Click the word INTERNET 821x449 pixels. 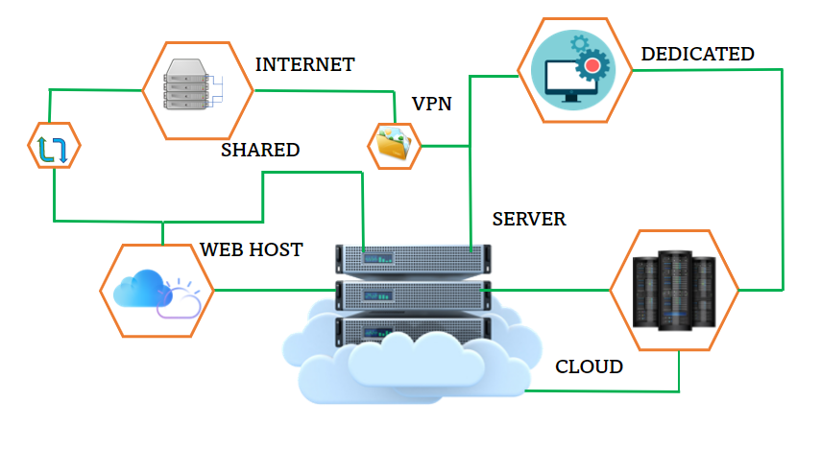pyautogui.click(x=304, y=65)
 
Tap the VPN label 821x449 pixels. pyautogui.click(x=431, y=104)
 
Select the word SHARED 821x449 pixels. pyautogui.click(x=260, y=150)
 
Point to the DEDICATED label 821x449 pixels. pyautogui.click(x=697, y=54)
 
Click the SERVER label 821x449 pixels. pyautogui.click(x=529, y=219)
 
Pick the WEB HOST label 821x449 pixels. pyautogui.click(x=252, y=249)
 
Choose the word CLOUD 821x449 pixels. pyautogui.click(x=590, y=366)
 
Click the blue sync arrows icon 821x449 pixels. pyautogui.click(x=53, y=148)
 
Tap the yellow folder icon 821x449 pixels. pyautogui.click(x=394, y=144)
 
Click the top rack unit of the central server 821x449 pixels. pyautogui.click(x=414, y=258)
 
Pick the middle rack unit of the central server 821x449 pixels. pyautogui.click(x=414, y=294)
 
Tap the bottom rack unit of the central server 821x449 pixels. pyautogui.click(x=414, y=329)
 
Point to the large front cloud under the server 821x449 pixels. pyautogui.click(x=413, y=374)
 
